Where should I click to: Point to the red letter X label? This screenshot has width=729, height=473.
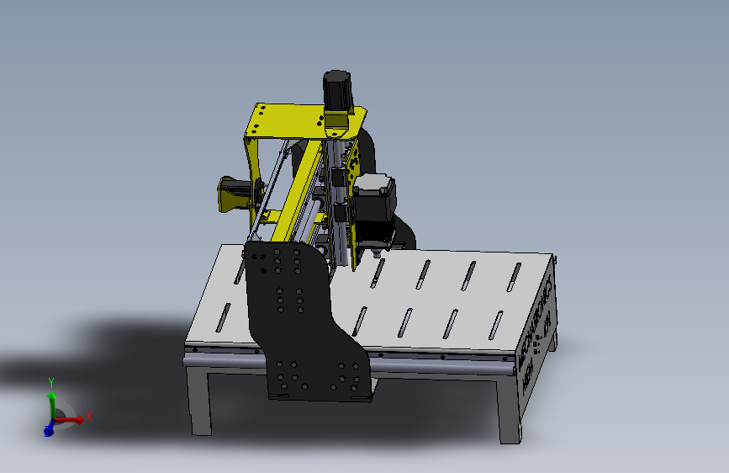[x=89, y=415]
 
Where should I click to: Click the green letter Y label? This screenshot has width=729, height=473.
[x=51, y=382]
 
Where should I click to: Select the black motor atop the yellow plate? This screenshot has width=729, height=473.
[x=337, y=90]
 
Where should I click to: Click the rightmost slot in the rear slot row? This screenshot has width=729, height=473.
[x=514, y=277]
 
